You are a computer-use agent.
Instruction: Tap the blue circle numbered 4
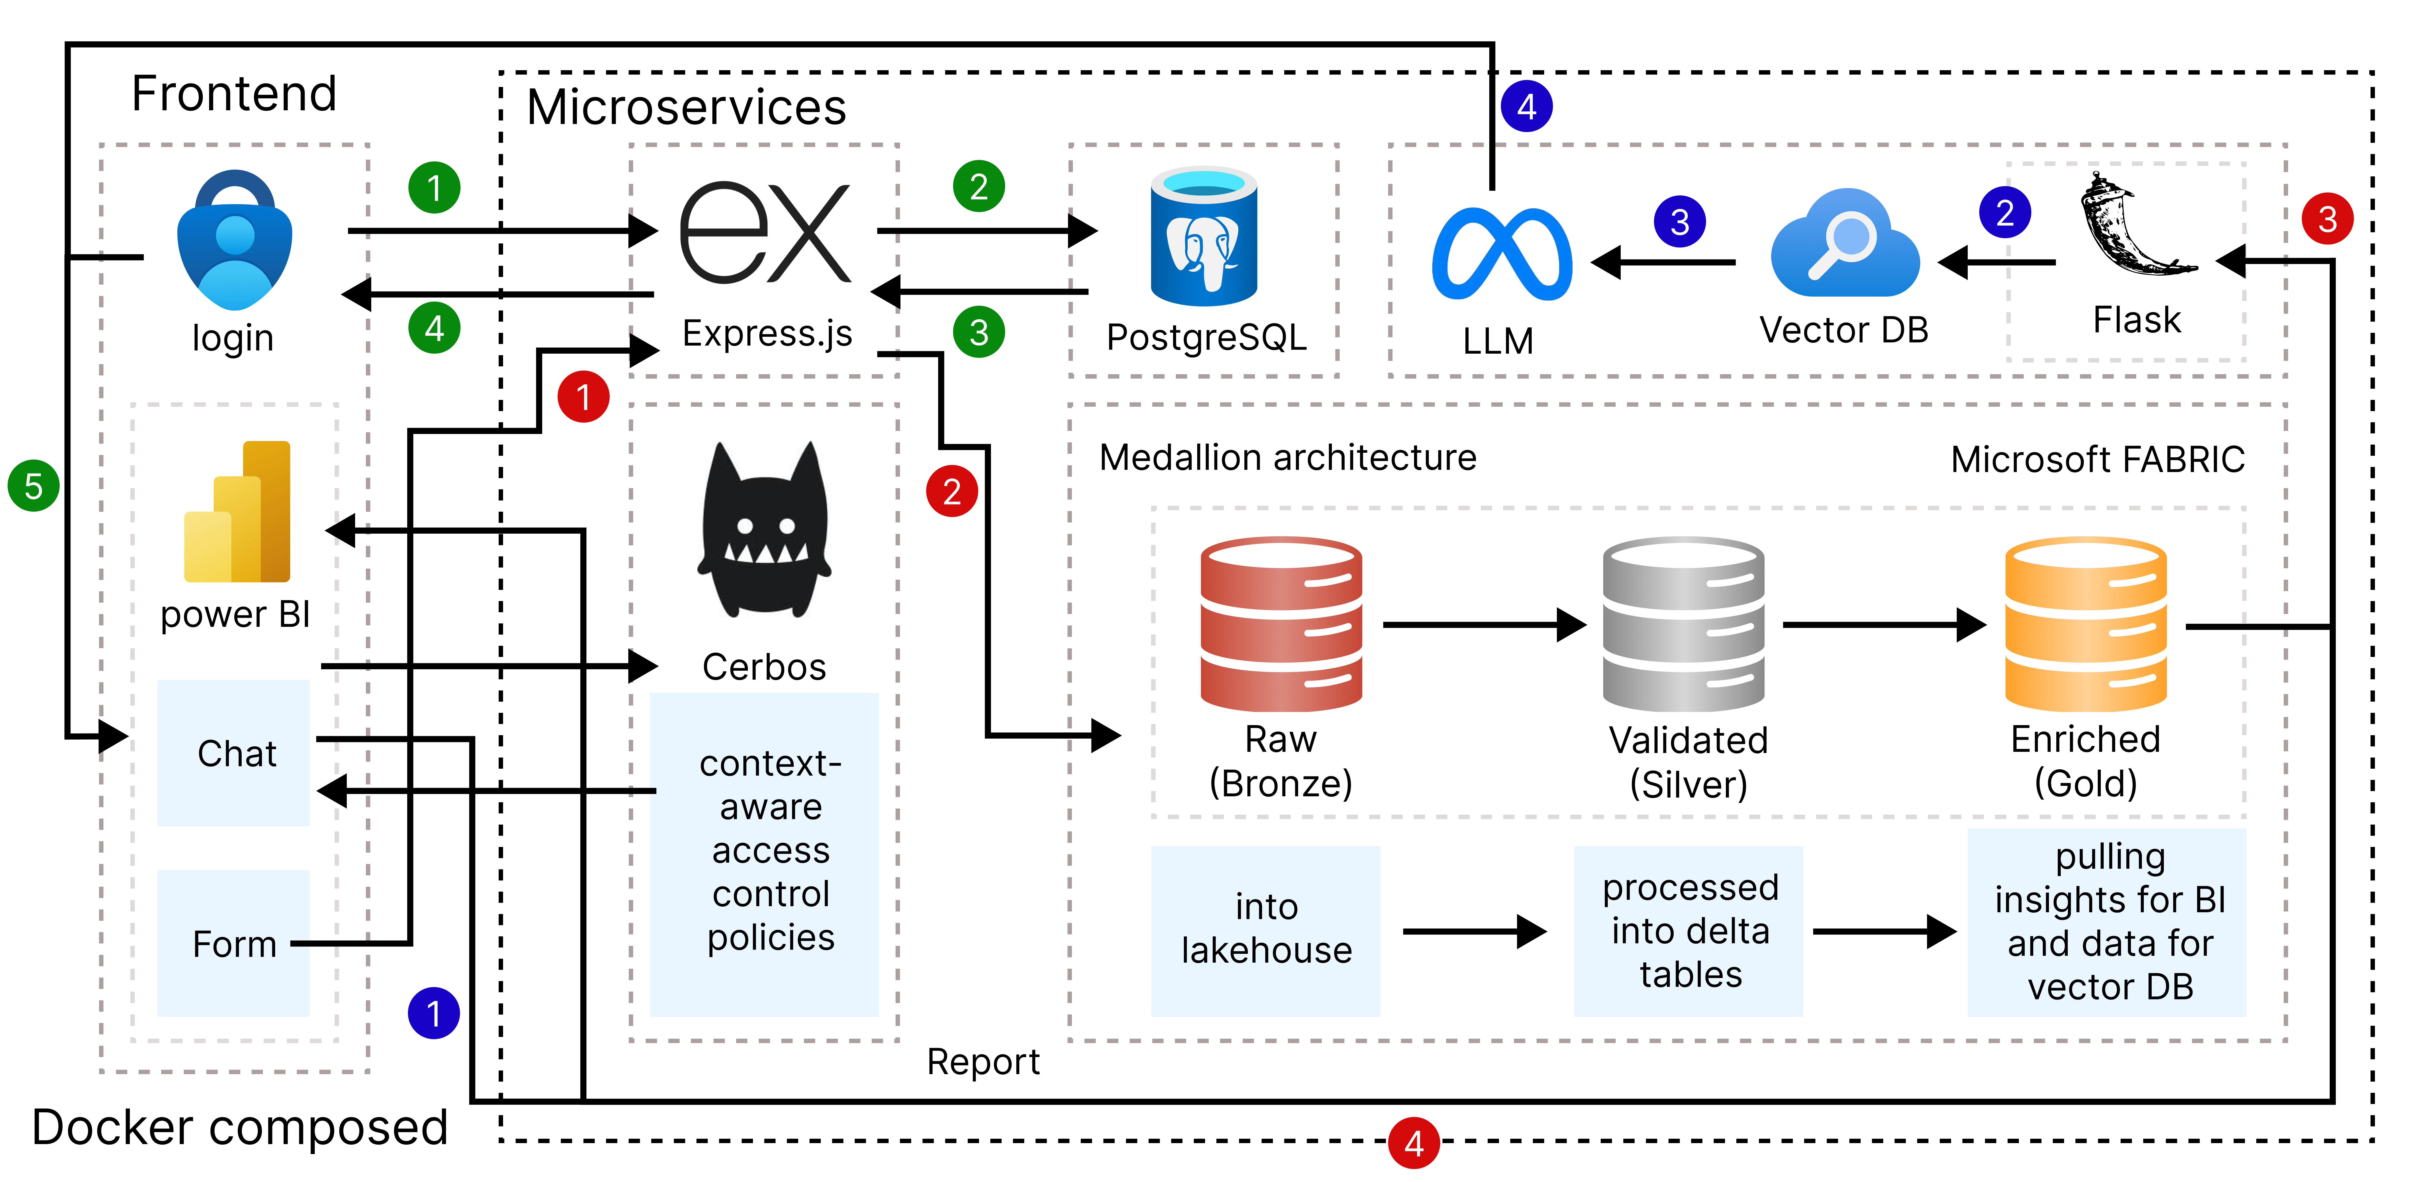pos(1526,107)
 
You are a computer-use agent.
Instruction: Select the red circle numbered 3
pos(2327,220)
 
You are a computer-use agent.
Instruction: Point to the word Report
pos(983,1062)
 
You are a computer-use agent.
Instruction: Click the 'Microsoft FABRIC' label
pos(2097,460)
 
